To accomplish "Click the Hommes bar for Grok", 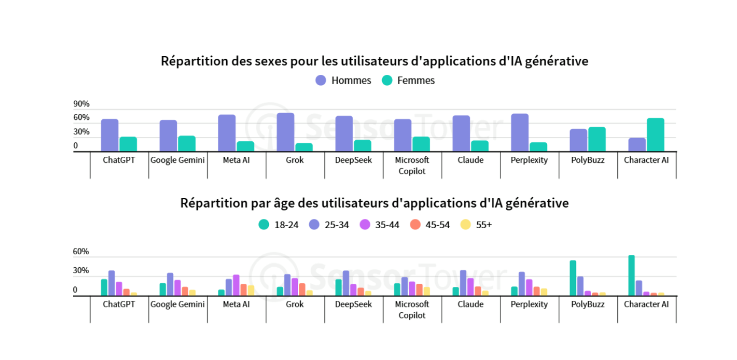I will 285,132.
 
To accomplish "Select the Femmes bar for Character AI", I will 655,135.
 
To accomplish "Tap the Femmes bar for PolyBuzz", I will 597,139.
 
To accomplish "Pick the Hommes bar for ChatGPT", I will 110,135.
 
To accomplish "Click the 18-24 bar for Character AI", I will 631,275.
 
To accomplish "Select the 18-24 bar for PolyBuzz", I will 573,278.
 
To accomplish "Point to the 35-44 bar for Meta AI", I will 236,285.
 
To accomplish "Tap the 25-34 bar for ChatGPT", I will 111,283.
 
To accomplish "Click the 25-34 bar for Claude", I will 463,283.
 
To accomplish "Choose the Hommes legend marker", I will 321,80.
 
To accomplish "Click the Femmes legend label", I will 416,80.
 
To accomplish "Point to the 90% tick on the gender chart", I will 81,104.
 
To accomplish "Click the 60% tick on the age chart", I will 81,252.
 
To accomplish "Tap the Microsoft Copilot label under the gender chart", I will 412,166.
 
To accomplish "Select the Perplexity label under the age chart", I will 529,304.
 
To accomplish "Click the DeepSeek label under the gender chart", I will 353,160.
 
